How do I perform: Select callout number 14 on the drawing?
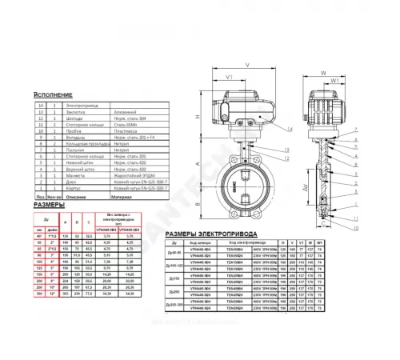pos(287,128)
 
